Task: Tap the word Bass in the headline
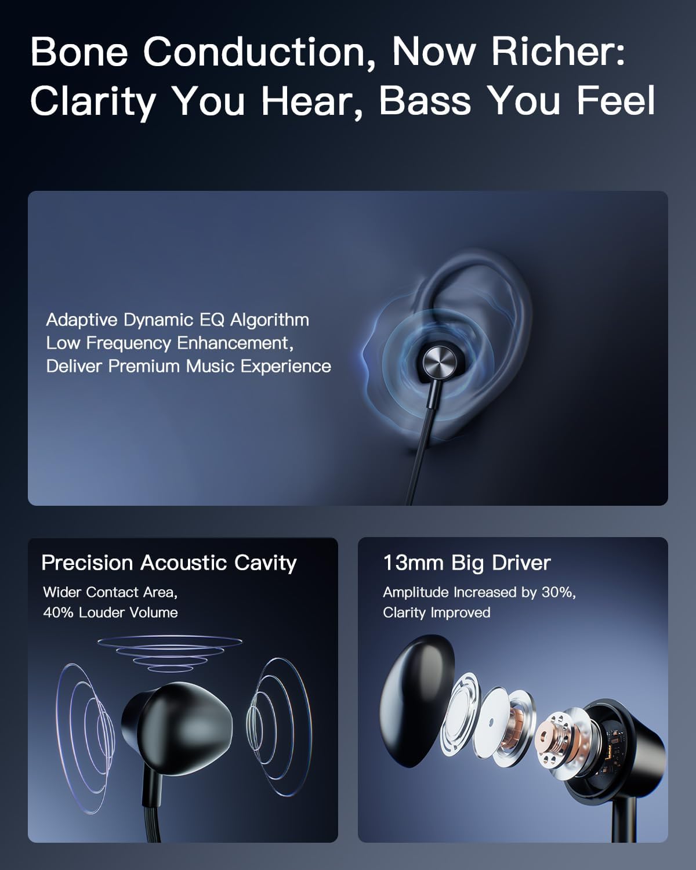click(424, 100)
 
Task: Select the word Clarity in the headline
click(93, 100)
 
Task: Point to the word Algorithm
click(270, 320)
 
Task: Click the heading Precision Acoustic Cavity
click(169, 563)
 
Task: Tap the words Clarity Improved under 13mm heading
click(436, 612)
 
